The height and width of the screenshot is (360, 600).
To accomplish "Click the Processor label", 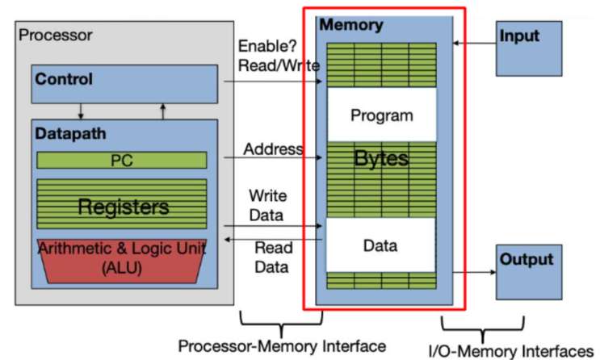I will tap(56, 36).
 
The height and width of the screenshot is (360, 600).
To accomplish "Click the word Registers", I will tap(123, 207).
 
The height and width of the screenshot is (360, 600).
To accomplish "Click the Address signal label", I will tap(274, 149).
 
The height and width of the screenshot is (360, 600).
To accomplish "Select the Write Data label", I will tap(267, 206).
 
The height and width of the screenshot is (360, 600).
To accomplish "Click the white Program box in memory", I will tap(381, 115).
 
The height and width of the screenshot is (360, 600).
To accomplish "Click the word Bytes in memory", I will tap(381, 158).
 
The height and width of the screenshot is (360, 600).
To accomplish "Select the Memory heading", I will tap(351, 25).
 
